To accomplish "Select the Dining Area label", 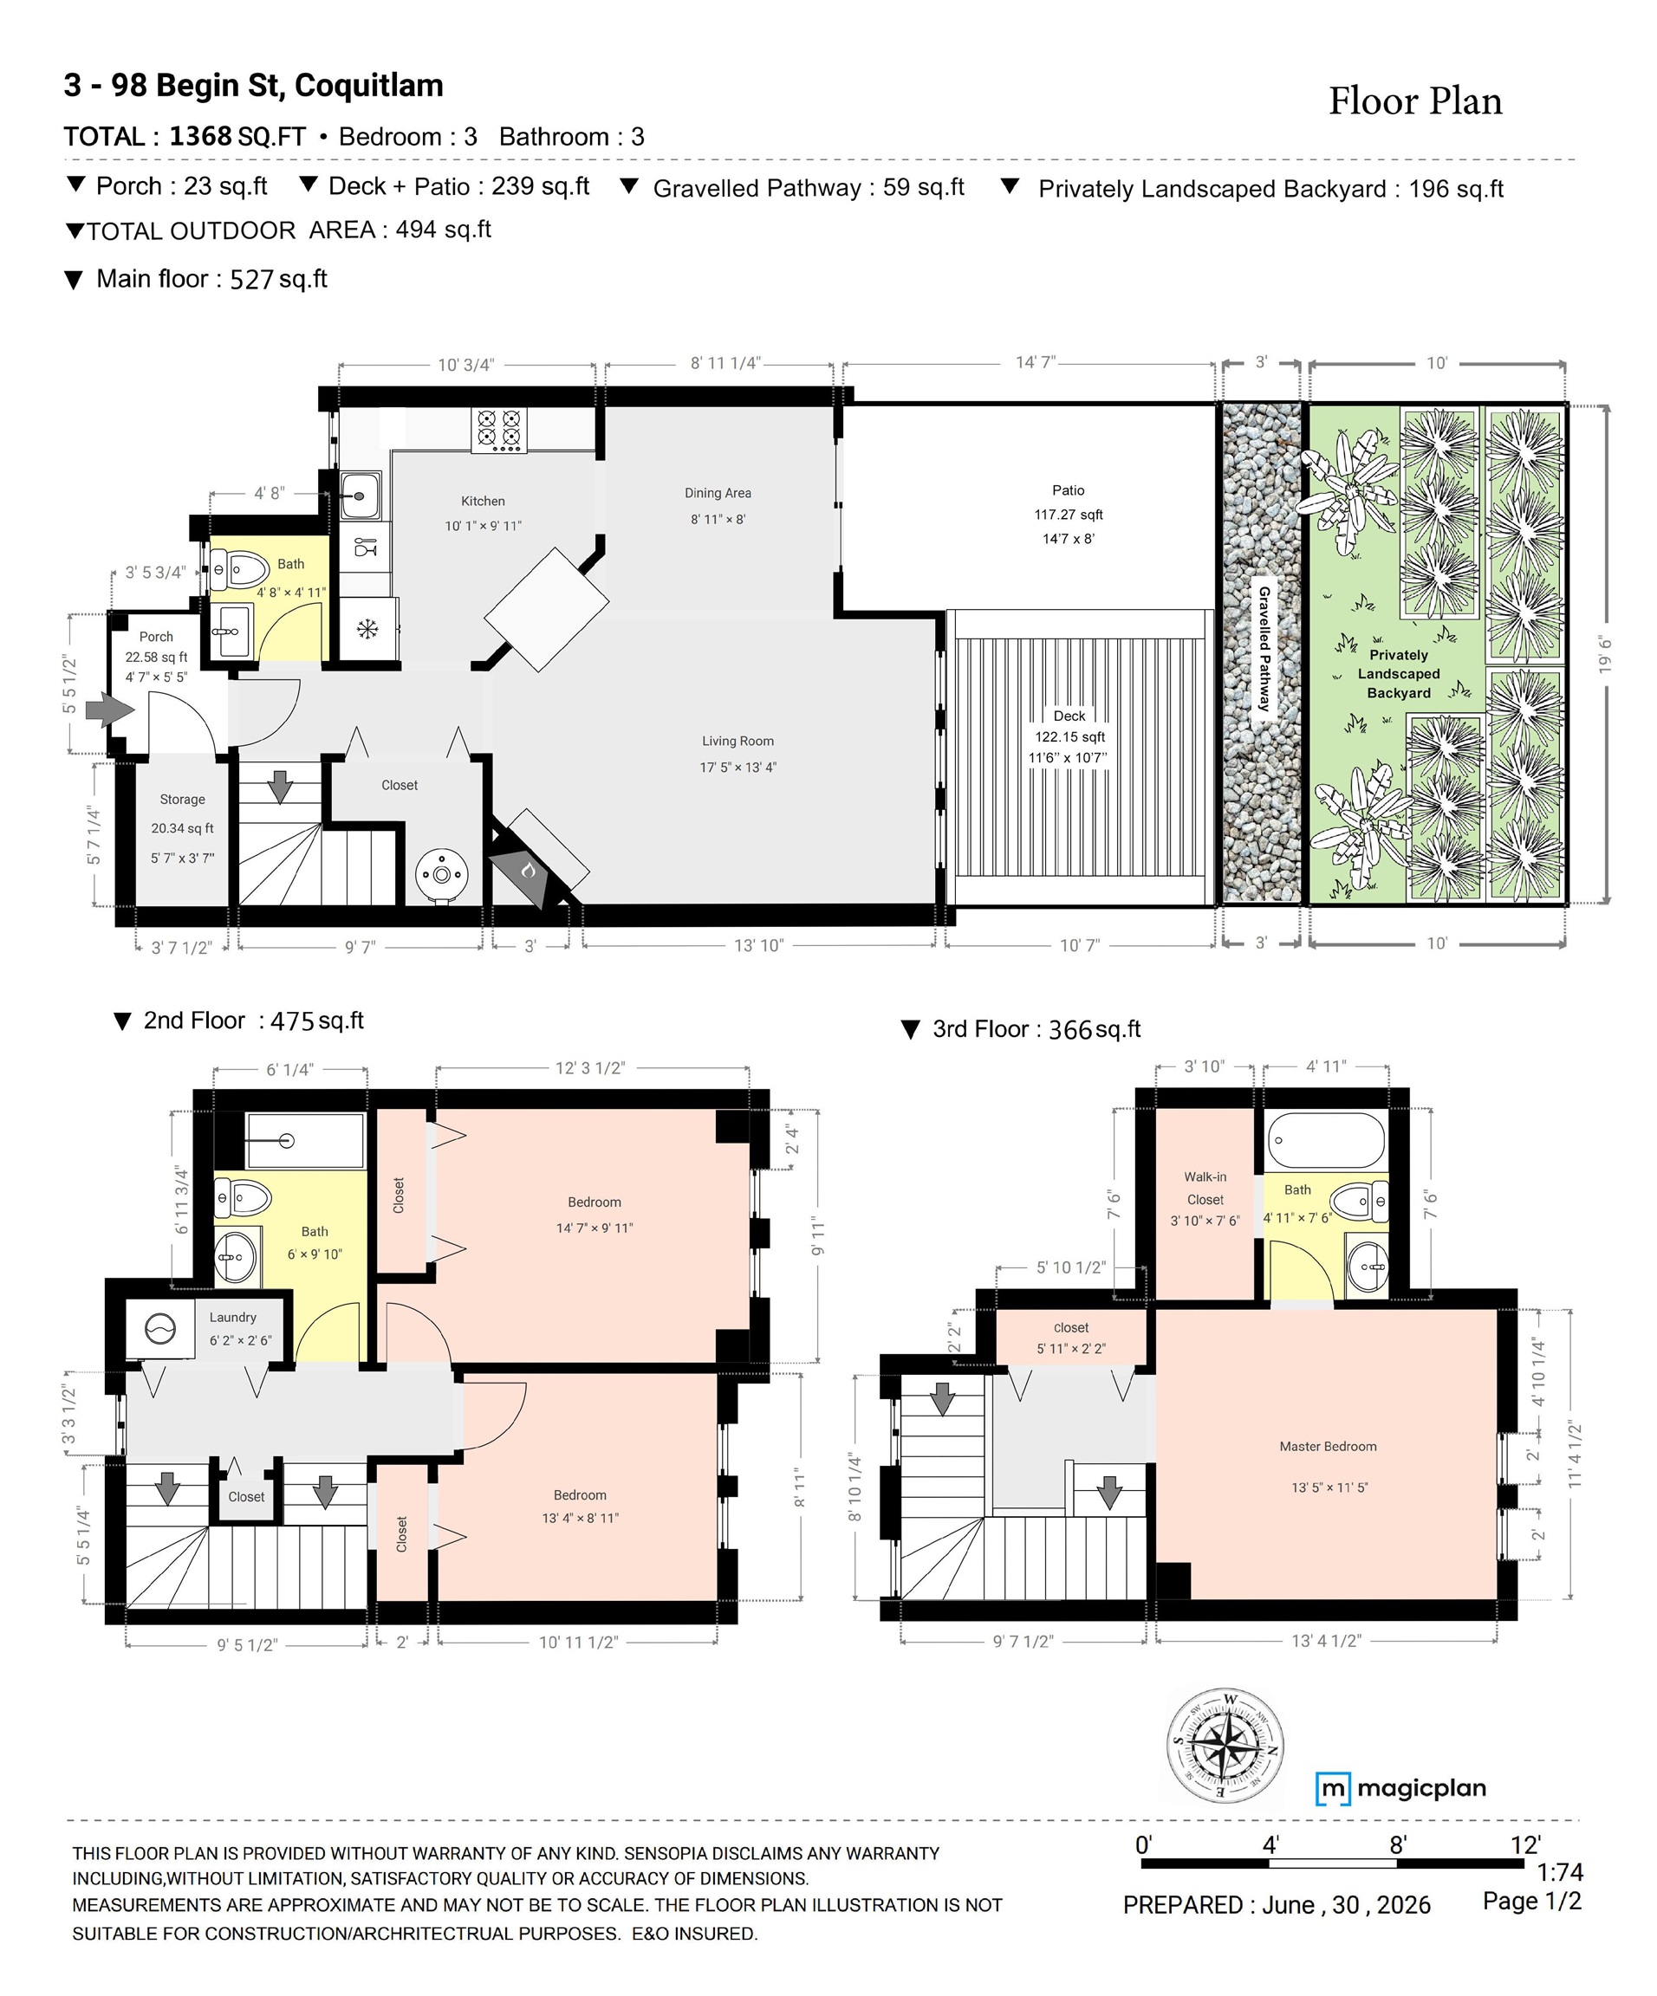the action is (718, 493).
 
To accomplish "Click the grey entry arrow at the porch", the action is (110, 709).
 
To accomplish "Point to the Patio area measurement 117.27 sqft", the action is (1069, 515).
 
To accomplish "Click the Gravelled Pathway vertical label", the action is (1264, 648).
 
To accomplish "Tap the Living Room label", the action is (738, 742).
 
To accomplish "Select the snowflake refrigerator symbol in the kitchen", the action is (367, 629).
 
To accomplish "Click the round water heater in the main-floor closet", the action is (442, 873).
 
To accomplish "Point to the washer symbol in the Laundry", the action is (159, 1329).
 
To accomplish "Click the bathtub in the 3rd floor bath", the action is (1326, 1141).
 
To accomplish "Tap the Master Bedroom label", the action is (1328, 1447).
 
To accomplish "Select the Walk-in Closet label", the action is (1205, 1188).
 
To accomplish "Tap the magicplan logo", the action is (1400, 1789).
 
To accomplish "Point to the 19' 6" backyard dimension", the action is (1606, 655).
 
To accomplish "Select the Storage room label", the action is (183, 800).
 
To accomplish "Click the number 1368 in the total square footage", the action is (200, 136).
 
